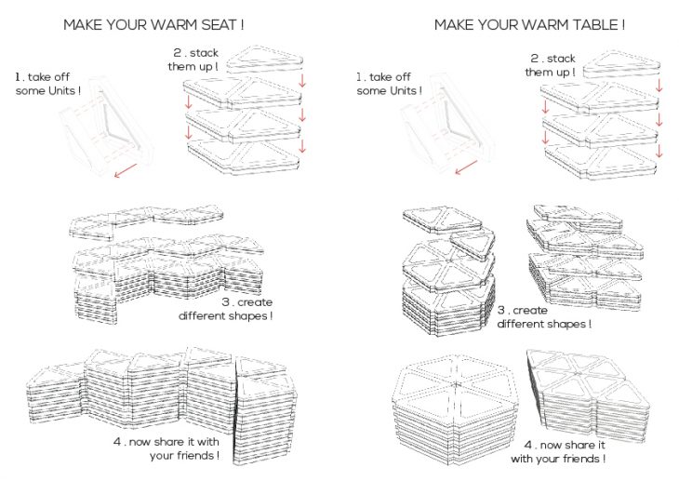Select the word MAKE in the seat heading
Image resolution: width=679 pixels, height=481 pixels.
coord(82,25)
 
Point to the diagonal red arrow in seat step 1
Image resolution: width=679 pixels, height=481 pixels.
coord(126,170)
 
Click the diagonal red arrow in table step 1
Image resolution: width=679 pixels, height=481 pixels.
coord(466,167)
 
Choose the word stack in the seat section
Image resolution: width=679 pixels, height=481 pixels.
coord(204,53)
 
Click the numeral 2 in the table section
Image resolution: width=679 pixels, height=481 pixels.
coord(535,58)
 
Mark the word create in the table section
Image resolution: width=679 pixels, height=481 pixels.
coord(528,310)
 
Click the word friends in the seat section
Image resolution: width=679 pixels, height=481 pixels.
coord(195,456)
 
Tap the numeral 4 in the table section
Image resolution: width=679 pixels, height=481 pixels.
coord(528,445)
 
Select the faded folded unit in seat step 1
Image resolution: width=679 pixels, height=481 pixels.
coord(106,126)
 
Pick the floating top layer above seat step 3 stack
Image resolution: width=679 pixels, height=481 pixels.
coord(147,220)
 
